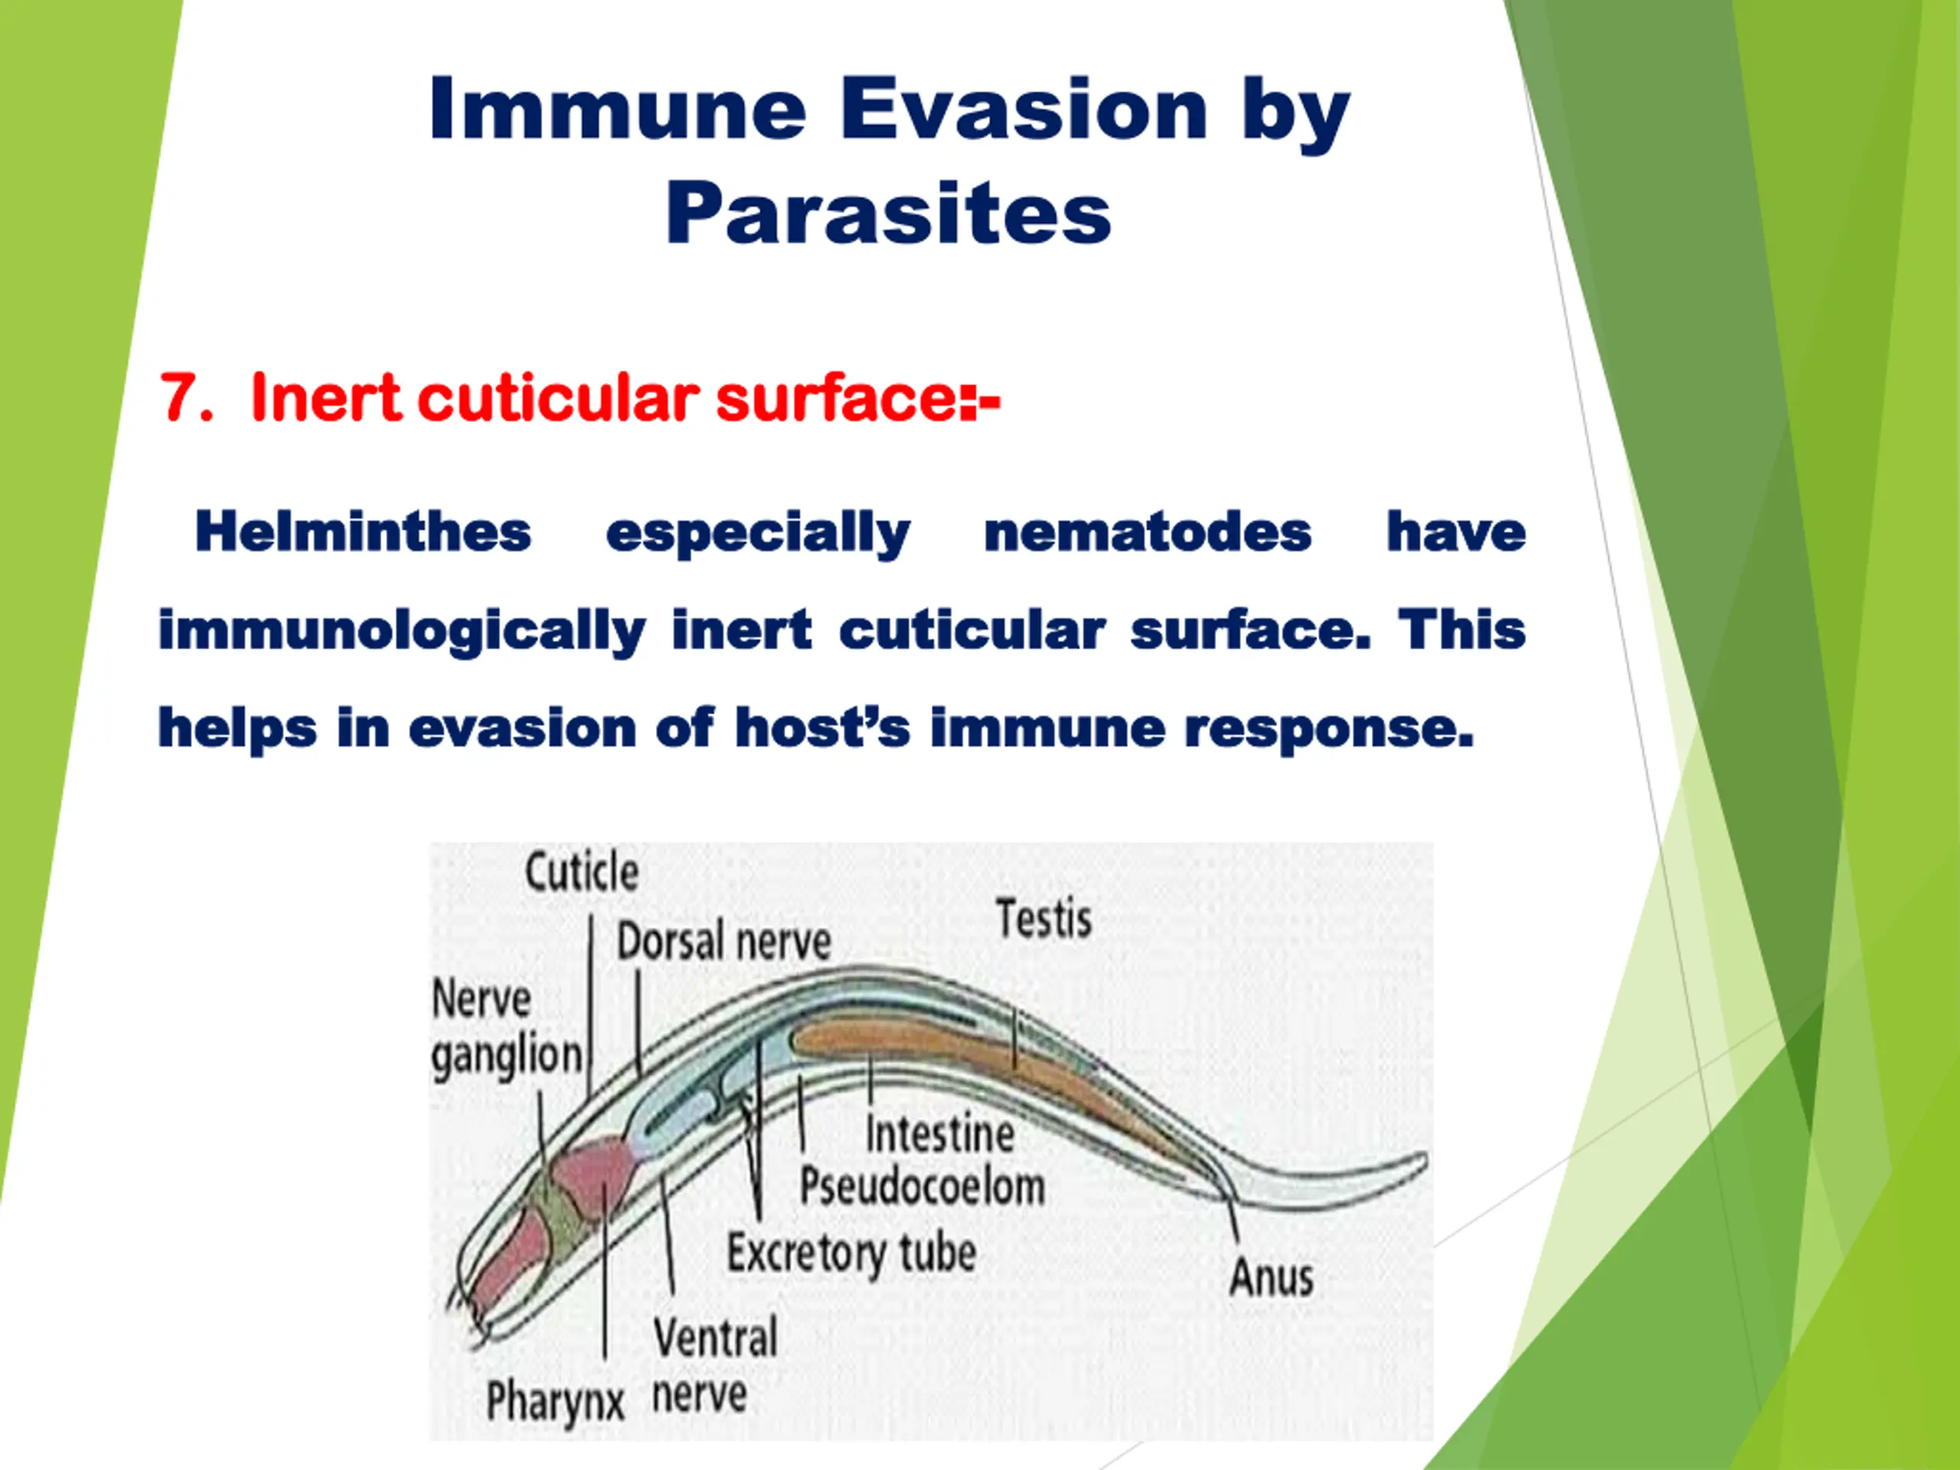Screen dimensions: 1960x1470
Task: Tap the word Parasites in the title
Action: tap(889, 214)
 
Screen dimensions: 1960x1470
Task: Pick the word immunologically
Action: tap(401, 632)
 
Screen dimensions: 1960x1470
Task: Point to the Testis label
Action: tap(1044, 918)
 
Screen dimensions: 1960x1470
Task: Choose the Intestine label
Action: tap(940, 1133)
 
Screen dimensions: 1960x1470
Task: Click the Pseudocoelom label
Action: tap(923, 1185)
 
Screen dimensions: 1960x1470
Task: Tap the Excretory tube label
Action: tap(851, 1255)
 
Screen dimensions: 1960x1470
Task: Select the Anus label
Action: tap(1272, 1277)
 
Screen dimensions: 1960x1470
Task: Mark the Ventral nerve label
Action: tap(715, 1365)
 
